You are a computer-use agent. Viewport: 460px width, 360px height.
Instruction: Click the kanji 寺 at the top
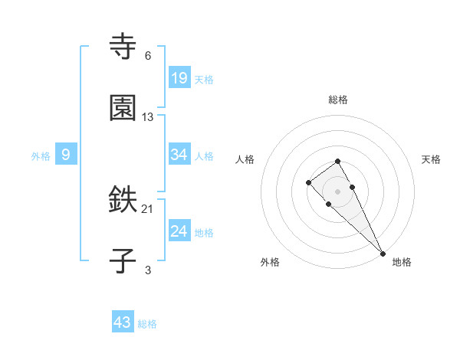(x=123, y=48)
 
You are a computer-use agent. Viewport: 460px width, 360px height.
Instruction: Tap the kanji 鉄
(x=123, y=201)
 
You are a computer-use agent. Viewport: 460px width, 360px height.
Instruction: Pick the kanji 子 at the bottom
(x=123, y=260)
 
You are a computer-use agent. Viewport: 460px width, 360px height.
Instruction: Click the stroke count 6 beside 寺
(x=148, y=56)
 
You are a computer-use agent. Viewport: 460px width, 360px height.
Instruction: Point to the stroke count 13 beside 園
(x=148, y=116)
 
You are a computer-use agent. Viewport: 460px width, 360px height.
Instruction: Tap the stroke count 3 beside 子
(x=148, y=270)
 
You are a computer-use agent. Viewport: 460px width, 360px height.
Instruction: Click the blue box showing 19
(x=179, y=77)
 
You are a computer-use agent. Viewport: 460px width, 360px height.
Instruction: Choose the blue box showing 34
(x=179, y=155)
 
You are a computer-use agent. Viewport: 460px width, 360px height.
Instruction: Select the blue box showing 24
(x=179, y=231)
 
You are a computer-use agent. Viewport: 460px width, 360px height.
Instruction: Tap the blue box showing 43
(x=123, y=322)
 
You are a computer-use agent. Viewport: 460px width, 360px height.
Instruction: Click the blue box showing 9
(x=66, y=155)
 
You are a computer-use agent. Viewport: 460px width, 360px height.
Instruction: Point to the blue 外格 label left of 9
(x=41, y=155)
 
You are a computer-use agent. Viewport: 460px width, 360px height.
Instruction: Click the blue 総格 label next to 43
(x=147, y=324)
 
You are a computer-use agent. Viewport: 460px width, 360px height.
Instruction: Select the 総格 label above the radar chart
(x=338, y=100)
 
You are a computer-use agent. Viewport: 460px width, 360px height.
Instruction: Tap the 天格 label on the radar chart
(x=432, y=159)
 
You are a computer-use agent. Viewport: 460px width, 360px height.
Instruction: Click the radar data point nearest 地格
(x=383, y=253)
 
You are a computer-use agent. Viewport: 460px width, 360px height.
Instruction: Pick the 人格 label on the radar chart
(x=245, y=159)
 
